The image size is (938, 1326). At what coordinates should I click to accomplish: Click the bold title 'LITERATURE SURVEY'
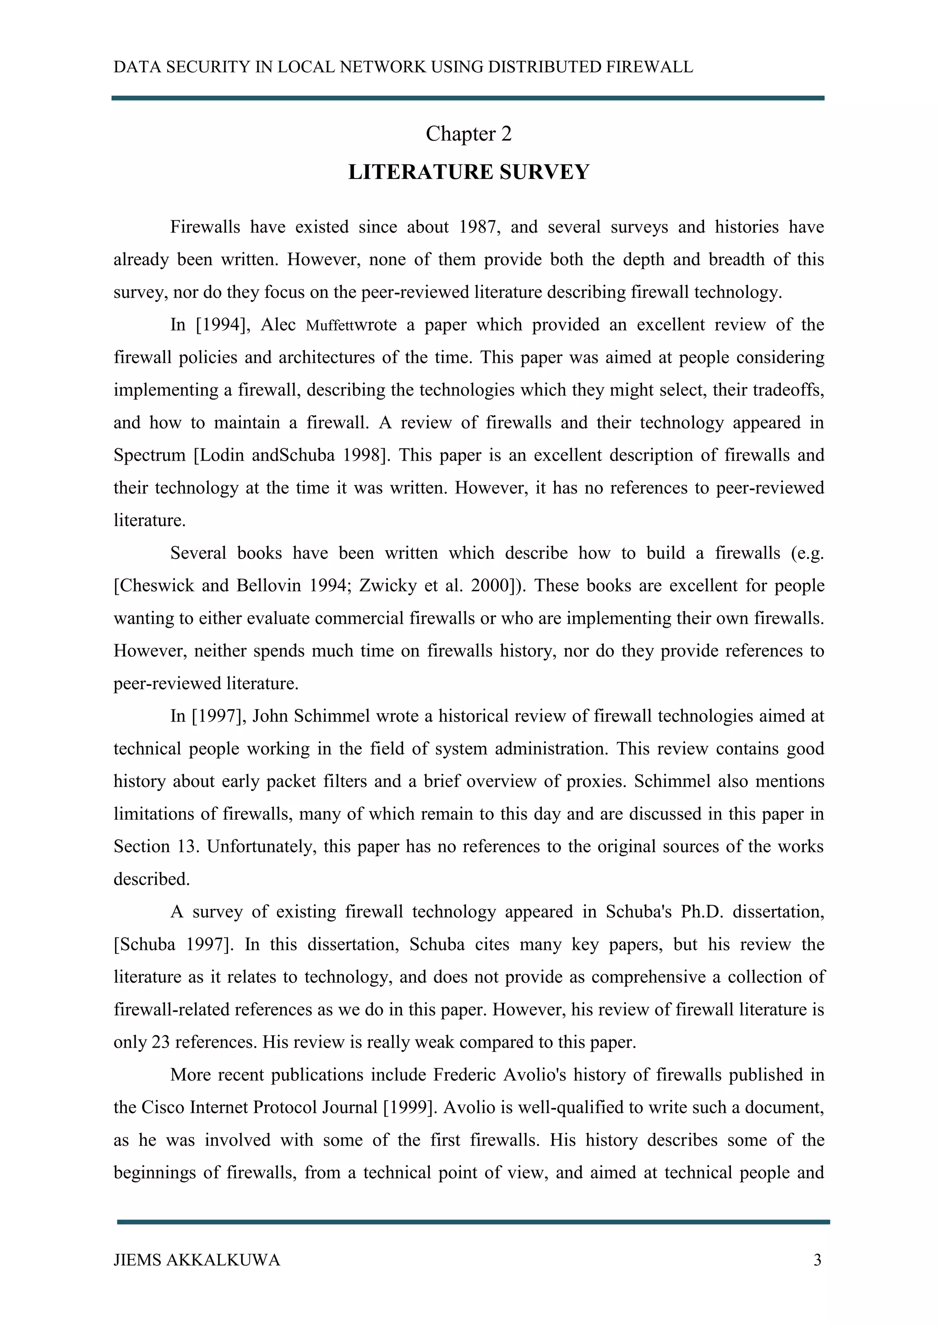tap(469, 172)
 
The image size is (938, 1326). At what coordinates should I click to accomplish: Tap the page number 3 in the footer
tap(817, 1260)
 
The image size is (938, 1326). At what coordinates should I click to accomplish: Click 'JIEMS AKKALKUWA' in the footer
tap(196, 1260)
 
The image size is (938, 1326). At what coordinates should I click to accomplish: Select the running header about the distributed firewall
tap(403, 68)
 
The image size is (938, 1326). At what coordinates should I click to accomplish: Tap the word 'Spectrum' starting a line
tap(148, 456)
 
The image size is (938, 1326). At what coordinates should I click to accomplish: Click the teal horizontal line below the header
tap(468, 98)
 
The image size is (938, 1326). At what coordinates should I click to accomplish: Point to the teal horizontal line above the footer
tap(473, 1222)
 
